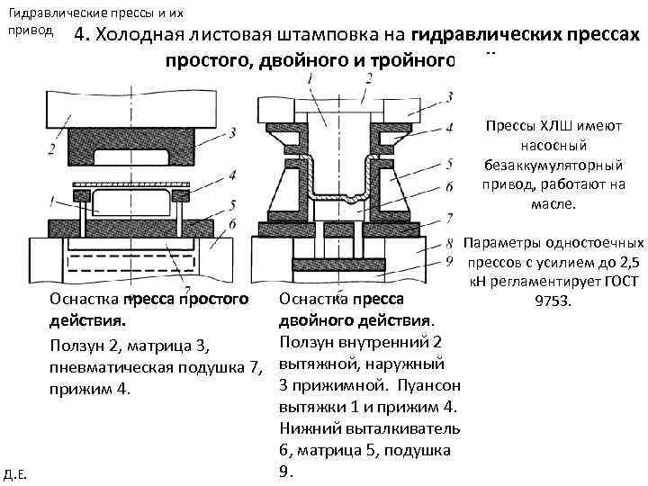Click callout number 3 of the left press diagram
coord(232,133)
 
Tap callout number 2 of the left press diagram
coord(53,148)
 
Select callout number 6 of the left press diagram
coord(232,222)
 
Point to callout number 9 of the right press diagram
coord(448,263)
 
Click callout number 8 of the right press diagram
coord(448,241)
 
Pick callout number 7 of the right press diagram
coord(448,219)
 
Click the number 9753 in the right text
coord(555,299)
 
